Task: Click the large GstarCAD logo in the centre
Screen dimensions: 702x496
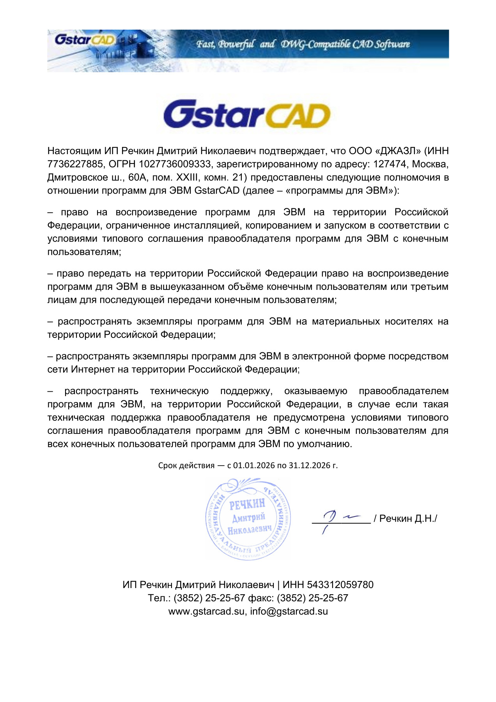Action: click(247, 115)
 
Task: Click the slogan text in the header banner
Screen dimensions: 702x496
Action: click(303, 44)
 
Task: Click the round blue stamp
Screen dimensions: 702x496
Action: click(248, 519)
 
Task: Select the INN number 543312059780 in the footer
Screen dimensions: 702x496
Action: click(340, 585)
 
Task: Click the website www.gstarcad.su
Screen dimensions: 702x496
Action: click(207, 611)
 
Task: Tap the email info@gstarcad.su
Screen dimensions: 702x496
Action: click(289, 611)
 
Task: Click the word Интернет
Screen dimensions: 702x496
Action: click(93, 369)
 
